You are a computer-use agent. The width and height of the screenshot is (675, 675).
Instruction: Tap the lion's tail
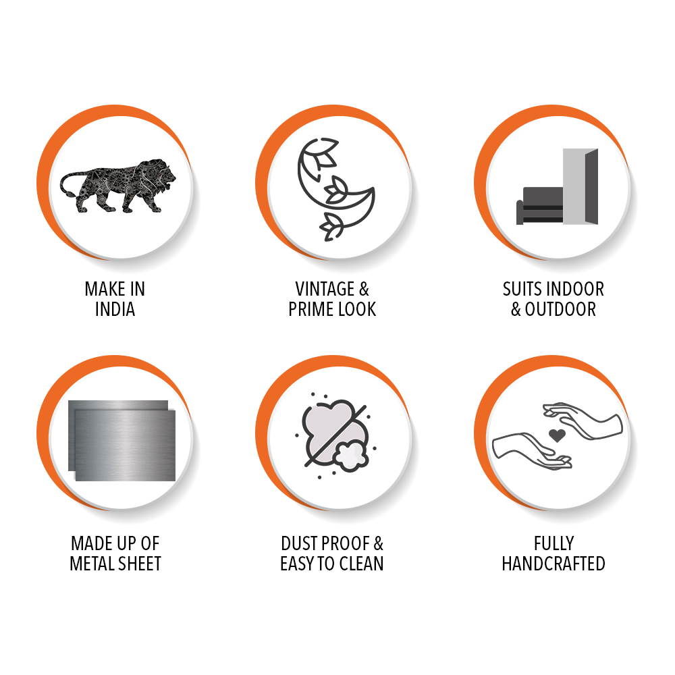(x=69, y=184)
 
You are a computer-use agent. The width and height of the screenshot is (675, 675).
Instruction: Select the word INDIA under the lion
(x=115, y=309)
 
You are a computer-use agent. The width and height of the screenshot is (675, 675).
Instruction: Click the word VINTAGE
(x=325, y=289)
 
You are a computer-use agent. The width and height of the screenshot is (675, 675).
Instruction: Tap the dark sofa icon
(x=540, y=206)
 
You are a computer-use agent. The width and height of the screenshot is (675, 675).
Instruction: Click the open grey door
(x=580, y=186)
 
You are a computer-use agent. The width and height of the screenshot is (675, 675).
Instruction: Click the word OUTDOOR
(x=560, y=309)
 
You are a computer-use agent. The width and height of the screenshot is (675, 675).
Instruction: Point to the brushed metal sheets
(x=122, y=440)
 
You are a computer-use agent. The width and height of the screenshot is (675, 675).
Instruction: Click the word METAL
(x=94, y=564)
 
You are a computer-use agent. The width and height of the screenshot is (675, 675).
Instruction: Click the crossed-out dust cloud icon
(x=335, y=435)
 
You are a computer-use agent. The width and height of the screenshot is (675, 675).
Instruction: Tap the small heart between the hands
(x=557, y=435)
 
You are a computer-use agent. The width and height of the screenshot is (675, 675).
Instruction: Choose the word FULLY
(x=553, y=543)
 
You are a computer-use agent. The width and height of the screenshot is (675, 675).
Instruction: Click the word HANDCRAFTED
(x=553, y=564)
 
